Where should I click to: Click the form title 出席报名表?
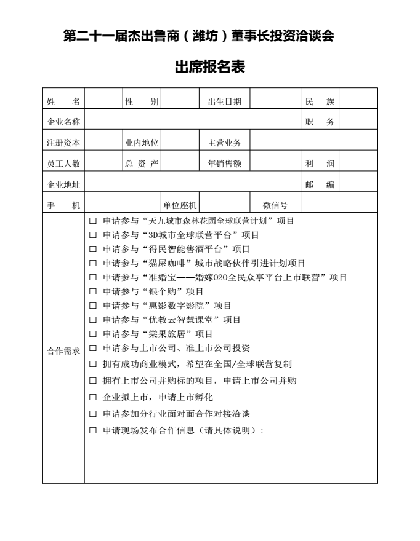(210, 67)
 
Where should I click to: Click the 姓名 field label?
(63, 101)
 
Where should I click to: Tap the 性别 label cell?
(142, 101)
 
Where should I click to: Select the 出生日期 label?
(224, 101)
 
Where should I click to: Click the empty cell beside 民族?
(358, 101)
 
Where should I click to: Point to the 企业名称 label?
(63, 122)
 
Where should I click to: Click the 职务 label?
(320, 122)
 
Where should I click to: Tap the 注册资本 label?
(63, 143)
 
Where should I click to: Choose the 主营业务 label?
(224, 143)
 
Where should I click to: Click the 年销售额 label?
(224, 164)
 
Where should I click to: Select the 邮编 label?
(320, 184)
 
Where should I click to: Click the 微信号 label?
(275, 205)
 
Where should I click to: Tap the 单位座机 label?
(179, 205)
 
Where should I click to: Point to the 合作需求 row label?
(63, 350)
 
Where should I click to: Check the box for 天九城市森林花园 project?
(93, 221)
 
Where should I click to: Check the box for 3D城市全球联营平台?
(93, 235)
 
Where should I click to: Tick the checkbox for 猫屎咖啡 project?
(93, 263)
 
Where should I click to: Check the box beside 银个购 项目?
(93, 291)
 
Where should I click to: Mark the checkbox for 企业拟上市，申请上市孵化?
(93, 397)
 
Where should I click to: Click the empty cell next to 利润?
(358, 164)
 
